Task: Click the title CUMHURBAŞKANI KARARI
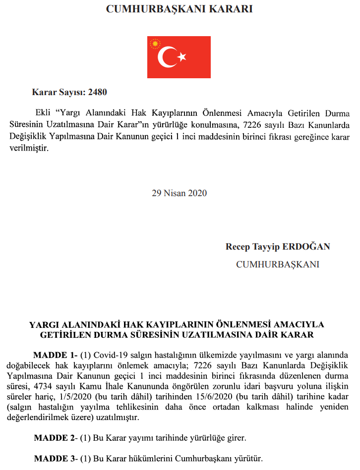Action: [x=179, y=9]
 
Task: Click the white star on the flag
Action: [x=182, y=57]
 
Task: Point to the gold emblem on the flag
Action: [x=156, y=44]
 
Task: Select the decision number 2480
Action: [x=98, y=92]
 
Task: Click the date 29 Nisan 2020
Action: [x=179, y=193]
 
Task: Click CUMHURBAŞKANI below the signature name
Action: [x=278, y=264]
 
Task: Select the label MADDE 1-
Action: [x=56, y=355]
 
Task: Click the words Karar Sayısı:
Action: [x=59, y=92]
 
